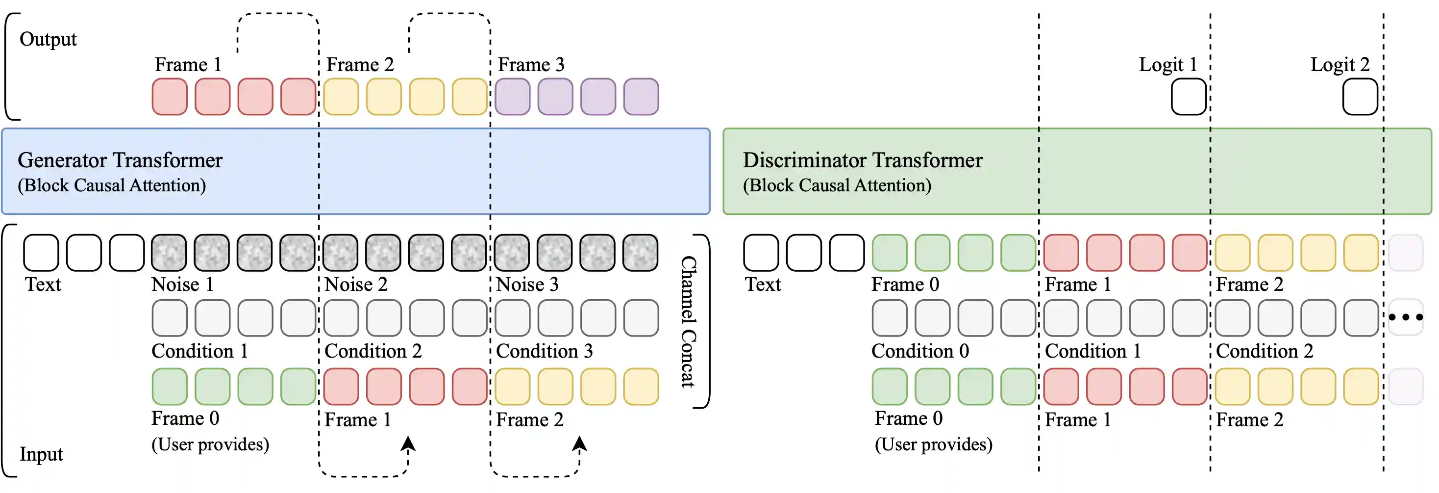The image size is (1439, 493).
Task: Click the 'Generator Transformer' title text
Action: (120, 160)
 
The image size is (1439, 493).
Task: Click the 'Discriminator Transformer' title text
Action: (862, 160)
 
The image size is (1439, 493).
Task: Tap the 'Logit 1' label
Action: (1167, 65)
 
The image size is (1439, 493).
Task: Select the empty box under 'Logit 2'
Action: (1360, 97)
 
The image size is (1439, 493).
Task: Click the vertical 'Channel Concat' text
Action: (688, 321)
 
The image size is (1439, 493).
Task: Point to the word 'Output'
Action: (48, 39)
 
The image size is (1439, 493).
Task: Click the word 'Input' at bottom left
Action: (41, 454)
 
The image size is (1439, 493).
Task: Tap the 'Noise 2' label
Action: (356, 285)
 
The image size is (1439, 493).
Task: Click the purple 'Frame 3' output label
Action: (531, 65)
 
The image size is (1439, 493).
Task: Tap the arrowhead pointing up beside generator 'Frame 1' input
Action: (408, 444)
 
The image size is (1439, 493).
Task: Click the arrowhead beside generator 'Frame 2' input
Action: (579, 444)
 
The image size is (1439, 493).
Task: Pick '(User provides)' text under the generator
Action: (210, 444)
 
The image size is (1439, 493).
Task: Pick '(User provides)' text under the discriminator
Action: (934, 444)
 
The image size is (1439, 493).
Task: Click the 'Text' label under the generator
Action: (43, 285)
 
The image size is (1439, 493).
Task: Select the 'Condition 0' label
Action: (920, 351)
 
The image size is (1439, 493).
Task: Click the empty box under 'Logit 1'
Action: (1188, 97)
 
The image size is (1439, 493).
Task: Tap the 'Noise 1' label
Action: (183, 285)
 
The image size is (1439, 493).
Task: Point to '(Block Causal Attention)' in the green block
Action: (837, 185)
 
